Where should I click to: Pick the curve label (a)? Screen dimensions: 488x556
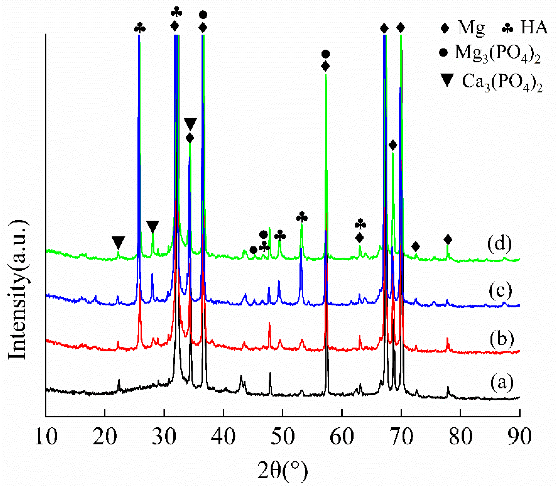[502, 382]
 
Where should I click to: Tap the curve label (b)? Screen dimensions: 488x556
[502, 339]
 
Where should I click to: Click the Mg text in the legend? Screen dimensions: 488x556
[472, 28]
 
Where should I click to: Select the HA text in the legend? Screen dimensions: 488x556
[534, 28]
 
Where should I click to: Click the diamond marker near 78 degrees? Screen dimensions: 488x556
[448, 240]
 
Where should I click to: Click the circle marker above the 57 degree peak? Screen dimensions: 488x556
[326, 54]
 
